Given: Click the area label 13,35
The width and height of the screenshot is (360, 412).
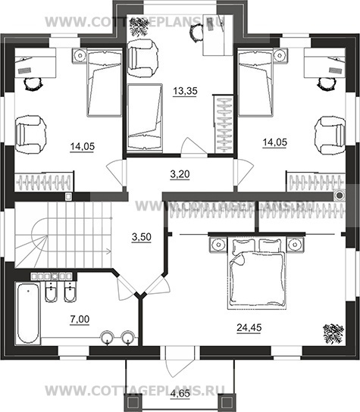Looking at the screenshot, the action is coord(185,91).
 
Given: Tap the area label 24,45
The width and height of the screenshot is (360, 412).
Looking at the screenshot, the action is coord(249,328).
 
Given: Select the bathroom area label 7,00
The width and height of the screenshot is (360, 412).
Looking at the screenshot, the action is coord(80,320).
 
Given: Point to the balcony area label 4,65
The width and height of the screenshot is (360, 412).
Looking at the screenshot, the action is coord(180,395).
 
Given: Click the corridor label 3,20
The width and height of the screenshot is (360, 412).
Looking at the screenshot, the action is coord(180,174).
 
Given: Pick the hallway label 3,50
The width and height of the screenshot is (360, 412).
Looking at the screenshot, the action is coord(142,237).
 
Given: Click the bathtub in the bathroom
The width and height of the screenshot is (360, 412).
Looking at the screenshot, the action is coord(28,314).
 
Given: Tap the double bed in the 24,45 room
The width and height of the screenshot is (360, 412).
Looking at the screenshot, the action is coord(257,273).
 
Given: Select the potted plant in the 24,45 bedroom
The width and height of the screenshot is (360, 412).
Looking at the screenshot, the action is coord(333,333).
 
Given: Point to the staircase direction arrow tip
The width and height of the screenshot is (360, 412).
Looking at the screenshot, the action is coord(111,251).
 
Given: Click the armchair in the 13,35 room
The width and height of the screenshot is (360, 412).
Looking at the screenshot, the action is coord(142,58).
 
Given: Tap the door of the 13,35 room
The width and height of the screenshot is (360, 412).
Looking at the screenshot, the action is coord(193,147).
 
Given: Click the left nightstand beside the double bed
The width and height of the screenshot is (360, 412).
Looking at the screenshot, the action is coord(218,245).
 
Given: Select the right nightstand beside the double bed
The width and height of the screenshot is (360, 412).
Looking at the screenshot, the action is coord(295,245).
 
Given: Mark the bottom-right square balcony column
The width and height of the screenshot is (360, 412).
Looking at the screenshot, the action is coord(227,403).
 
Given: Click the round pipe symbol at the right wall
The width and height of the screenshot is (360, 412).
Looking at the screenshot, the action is coord(340,195).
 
